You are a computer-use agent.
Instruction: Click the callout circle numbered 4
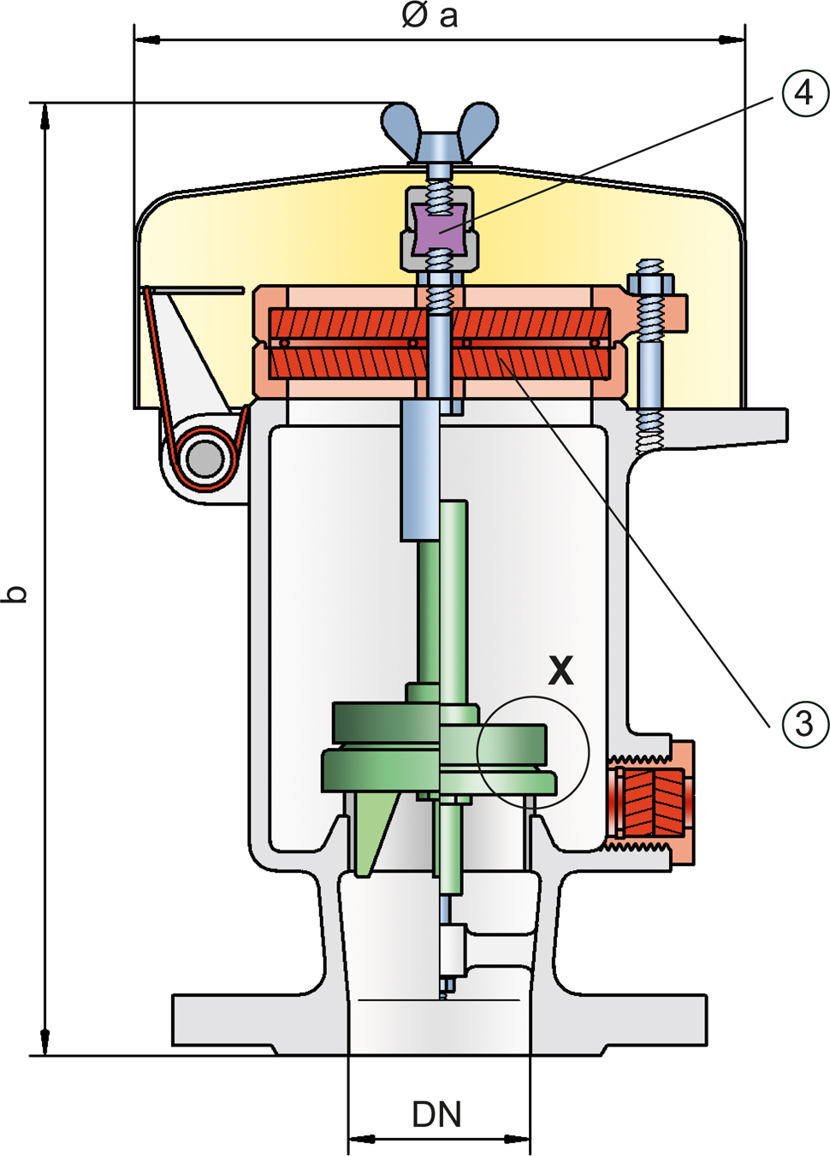[x=804, y=92]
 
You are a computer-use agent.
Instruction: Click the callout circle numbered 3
[x=804, y=724]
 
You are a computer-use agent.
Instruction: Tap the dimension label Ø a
[x=430, y=15]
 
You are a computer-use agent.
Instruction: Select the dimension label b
[x=15, y=594]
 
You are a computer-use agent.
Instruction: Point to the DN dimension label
[x=436, y=1114]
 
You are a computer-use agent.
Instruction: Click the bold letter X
[x=560, y=671]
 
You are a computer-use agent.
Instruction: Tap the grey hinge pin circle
[x=205, y=458]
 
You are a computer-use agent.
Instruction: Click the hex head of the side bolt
[x=650, y=282]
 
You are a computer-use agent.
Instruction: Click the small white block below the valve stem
[x=452, y=950]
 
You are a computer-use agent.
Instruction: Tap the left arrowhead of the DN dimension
[x=359, y=1139]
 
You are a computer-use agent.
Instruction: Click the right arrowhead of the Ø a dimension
[x=732, y=39]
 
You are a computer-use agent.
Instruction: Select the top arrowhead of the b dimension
[x=44, y=116]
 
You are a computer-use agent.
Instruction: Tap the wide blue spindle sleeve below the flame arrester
[x=420, y=471]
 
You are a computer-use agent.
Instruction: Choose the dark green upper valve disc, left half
[x=385, y=721]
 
